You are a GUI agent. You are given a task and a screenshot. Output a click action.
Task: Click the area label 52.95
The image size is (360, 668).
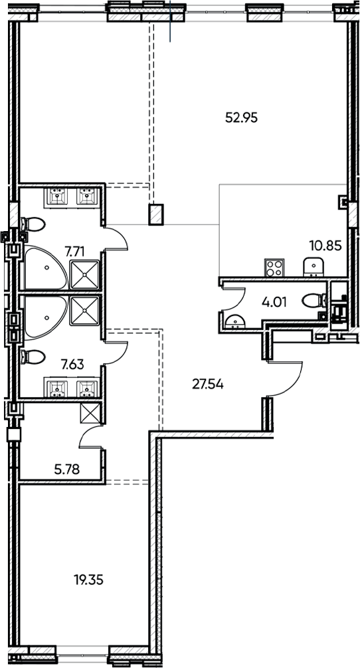click(x=241, y=118)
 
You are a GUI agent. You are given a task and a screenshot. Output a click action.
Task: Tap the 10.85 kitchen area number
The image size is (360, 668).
click(x=325, y=244)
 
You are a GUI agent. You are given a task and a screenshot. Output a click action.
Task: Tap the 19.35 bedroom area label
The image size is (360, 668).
click(x=88, y=579)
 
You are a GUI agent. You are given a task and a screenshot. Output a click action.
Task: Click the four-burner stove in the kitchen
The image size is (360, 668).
click(x=274, y=268)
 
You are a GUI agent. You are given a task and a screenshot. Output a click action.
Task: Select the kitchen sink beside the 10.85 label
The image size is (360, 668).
click(x=312, y=267)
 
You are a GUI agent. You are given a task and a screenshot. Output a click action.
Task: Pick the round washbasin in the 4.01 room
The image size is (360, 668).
click(x=234, y=321)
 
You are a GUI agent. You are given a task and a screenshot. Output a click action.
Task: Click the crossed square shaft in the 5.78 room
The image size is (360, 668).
click(x=89, y=414)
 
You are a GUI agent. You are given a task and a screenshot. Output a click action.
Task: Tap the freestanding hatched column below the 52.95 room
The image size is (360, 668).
click(x=155, y=214)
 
